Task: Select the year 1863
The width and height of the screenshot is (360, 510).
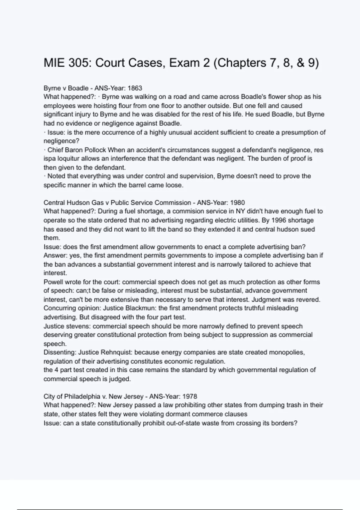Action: click(135, 88)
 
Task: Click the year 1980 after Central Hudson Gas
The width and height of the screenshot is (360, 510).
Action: click(237, 203)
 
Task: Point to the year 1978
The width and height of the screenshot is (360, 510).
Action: click(190, 397)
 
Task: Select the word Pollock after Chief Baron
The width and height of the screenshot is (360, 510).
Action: click(95, 150)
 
